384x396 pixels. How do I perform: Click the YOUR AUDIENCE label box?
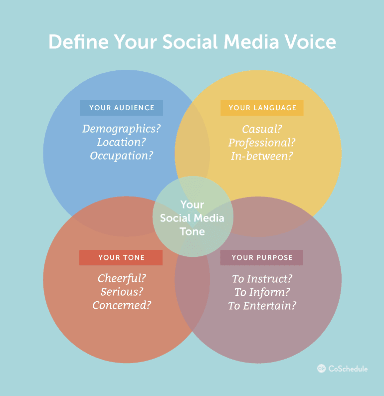(x=121, y=108)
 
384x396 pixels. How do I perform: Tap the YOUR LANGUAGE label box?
(x=262, y=108)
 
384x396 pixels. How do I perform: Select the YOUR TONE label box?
(x=121, y=257)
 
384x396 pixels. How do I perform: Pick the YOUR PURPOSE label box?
(x=262, y=257)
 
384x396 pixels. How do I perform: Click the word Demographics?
(x=121, y=129)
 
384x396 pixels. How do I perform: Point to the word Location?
(x=121, y=142)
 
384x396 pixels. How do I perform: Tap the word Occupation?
(x=121, y=156)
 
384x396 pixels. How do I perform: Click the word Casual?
(x=262, y=129)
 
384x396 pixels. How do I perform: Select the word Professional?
(x=262, y=143)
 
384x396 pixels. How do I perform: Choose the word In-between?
(x=262, y=156)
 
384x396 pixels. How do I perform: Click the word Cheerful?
(x=122, y=278)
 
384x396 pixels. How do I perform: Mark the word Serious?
(x=122, y=292)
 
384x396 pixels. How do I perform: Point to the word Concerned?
(x=122, y=305)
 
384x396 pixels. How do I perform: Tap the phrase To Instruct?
(x=262, y=279)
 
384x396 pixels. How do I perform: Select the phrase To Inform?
(x=262, y=292)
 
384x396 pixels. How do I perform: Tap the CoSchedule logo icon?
(x=322, y=369)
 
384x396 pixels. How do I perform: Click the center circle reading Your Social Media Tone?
(x=192, y=217)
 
